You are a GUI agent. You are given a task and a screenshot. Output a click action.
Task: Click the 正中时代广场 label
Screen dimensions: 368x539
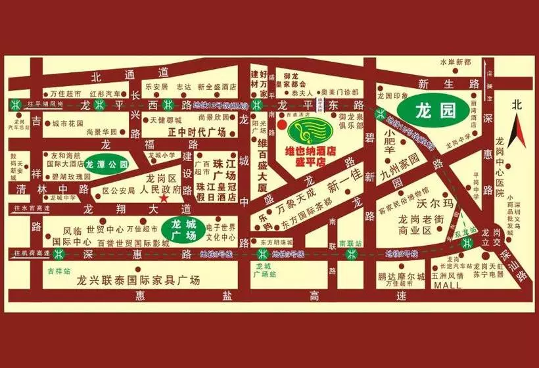pos(187,131)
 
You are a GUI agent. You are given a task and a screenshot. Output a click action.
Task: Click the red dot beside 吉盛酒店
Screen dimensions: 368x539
pos(281,122)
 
